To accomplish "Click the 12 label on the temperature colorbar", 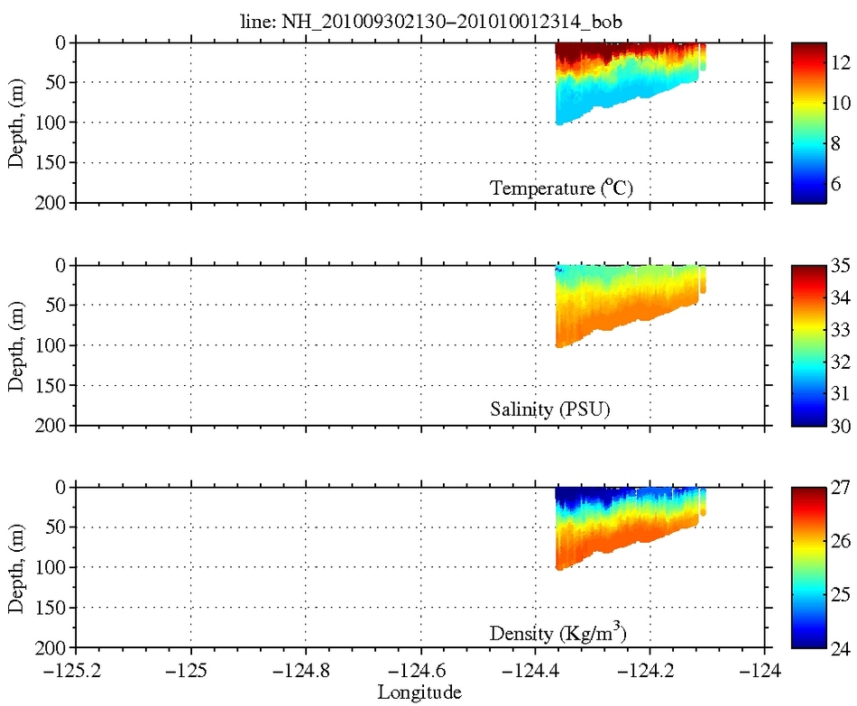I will tap(840, 61).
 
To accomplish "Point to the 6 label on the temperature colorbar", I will tap(840, 181).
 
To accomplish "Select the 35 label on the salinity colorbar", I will tap(840, 266).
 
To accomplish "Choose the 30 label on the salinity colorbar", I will tap(840, 426).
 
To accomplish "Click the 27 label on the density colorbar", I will tap(840, 488).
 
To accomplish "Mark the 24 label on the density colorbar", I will tap(840, 647).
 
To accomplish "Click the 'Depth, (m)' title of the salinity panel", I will tap(17, 345).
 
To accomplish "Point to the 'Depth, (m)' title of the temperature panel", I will tap(17, 123).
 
